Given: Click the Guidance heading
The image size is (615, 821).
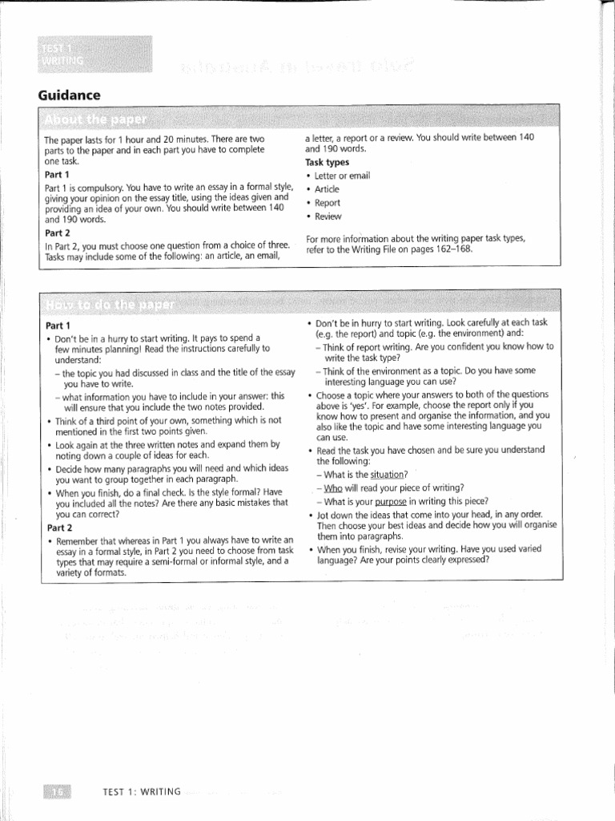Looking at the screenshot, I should pos(70,95).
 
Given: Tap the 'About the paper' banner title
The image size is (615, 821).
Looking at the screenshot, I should pos(96,120).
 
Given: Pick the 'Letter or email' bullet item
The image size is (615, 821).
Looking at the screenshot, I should pos(344,176).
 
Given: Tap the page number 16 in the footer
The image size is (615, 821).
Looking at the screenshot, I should pos(58,792).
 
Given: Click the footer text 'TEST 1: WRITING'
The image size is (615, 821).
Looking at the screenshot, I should pos(143,792).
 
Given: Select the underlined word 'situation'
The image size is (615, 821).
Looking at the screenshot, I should pos(389,475).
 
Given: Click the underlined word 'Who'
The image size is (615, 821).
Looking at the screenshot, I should pos(333,487).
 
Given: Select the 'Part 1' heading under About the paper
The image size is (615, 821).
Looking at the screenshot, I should pos(57,174).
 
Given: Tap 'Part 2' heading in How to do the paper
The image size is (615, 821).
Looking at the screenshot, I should pos(58,528).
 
